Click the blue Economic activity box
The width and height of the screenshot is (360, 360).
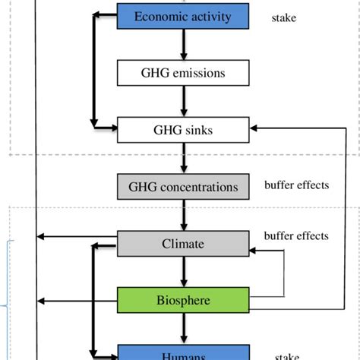point(182,16)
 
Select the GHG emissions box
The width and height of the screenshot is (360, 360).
point(182,73)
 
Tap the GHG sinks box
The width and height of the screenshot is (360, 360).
point(182,130)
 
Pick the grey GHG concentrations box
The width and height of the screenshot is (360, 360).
point(182,187)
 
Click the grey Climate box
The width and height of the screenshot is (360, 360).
point(182,244)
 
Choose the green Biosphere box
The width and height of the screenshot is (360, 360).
point(182,300)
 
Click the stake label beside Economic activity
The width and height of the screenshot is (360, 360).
point(284,17)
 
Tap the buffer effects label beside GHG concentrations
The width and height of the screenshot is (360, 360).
point(296,185)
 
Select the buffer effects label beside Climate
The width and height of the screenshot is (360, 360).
point(296,235)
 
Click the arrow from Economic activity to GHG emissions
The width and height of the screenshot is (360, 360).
point(182,45)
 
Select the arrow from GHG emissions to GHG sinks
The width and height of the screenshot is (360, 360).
point(182,102)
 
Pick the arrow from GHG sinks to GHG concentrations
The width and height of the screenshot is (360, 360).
point(182,159)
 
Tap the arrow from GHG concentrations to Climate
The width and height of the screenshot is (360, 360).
point(182,216)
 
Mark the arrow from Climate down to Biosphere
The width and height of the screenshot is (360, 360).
point(182,272)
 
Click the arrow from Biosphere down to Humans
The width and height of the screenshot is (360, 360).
point(182,328)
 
